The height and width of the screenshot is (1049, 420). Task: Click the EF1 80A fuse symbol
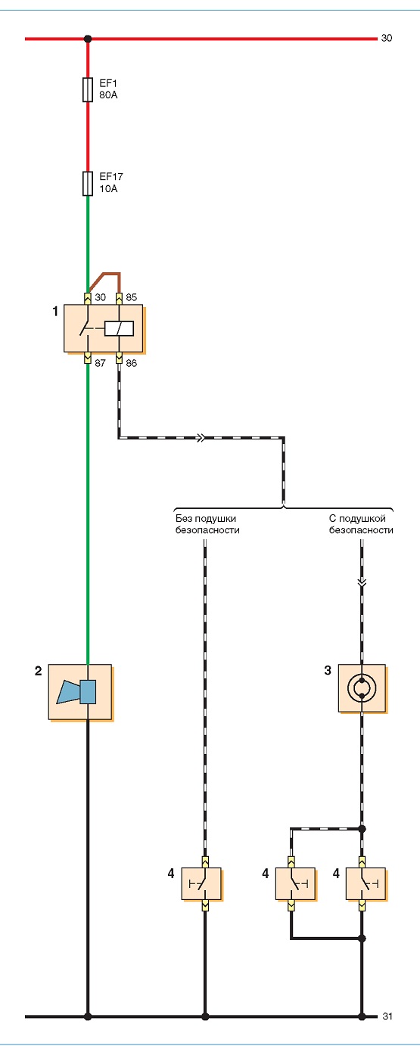tap(88, 89)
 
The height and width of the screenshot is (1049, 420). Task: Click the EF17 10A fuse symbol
tap(88, 183)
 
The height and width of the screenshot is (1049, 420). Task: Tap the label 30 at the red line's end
tap(386, 38)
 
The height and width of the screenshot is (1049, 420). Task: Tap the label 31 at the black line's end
tap(387, 1016)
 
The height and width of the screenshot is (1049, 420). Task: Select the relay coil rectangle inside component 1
tap(119, 328)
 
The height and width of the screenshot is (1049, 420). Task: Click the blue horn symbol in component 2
tap(76, 692)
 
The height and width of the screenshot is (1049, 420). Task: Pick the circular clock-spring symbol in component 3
tap(362, 688)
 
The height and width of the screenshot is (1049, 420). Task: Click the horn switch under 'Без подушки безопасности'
tap(201, 883)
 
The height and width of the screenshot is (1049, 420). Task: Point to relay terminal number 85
tap(131, 297)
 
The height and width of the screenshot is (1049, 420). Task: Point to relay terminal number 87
tap(100, 363)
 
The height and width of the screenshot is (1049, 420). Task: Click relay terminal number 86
tap(131, 363)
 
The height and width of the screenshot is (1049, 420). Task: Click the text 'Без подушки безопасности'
tap(207, 524)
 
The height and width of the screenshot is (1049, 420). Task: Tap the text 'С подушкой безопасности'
tap(361, 524)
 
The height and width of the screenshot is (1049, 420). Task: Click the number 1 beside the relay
tap(54, 311)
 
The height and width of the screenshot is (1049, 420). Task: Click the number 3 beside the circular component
tap(328, 670)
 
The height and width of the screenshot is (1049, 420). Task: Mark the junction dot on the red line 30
tap(88, 39)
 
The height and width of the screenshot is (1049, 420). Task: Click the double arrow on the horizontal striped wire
tap(200, 438)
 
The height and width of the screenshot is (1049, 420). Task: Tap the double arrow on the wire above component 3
tap(362, 583)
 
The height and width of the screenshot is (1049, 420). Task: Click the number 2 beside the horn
tap(38, 671)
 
